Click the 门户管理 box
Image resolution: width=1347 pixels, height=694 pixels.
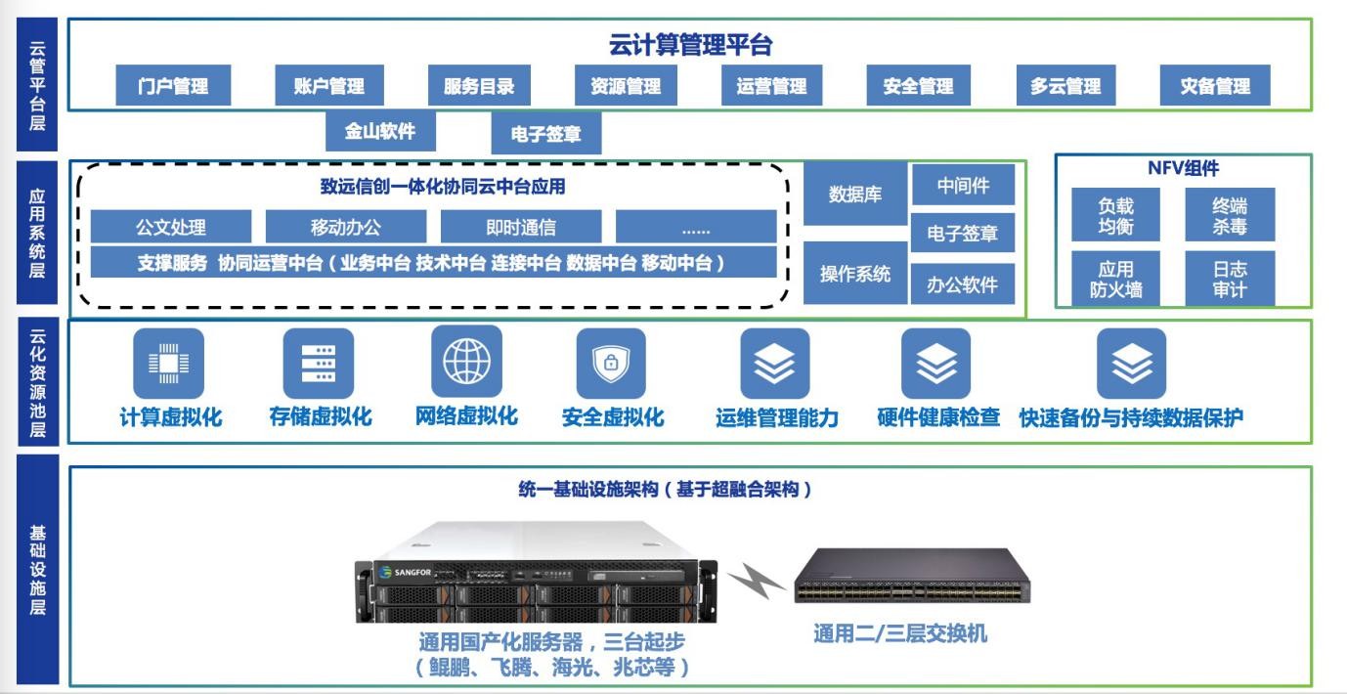click(175, 85)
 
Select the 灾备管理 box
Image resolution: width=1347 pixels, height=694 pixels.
click(1216, 85)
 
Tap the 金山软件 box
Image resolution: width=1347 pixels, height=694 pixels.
click(380, 132)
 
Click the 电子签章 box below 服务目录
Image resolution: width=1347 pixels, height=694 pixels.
click(545, 134)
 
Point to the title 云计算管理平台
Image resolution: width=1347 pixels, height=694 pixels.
click(690, 45)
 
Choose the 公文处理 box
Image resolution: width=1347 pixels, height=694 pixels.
click(171, 228)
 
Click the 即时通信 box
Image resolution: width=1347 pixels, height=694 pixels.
click(521, 228)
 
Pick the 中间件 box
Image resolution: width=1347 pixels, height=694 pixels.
click(963, 185)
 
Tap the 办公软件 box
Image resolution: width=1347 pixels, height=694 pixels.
click(963, 284)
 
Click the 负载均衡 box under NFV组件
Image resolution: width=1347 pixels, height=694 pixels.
click(1115, 215)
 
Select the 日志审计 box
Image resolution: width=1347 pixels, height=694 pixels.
click(1230, 279)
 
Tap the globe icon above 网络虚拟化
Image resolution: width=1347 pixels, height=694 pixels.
click(466, 362)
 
